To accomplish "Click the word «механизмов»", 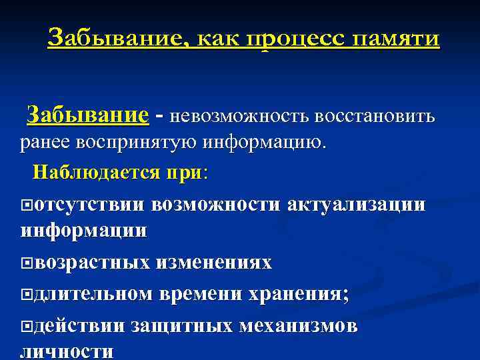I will pos(298,326).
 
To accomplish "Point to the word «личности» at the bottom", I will pos(67,352).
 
